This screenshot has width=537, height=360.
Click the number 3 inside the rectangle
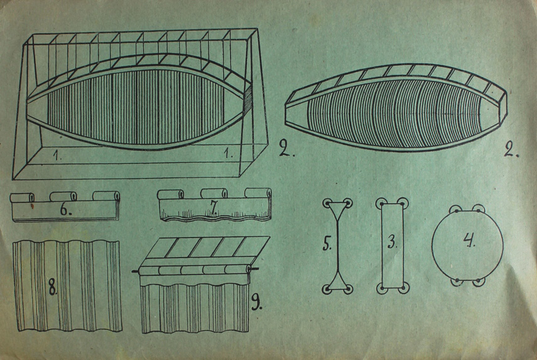click(x=393, y=243)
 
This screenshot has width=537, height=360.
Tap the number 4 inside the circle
click(x=469, y=240)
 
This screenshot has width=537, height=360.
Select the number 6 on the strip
click(x=66, y=209)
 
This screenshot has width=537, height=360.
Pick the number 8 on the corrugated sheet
click(x=52, y=286)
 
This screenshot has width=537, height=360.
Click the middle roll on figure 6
click(x=63, y=196)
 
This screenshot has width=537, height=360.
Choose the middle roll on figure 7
click(x=214, y=193)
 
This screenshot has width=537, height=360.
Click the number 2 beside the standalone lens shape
click(x=512, y=148)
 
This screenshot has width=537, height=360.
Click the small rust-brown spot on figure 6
click(x=33, y=205)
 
